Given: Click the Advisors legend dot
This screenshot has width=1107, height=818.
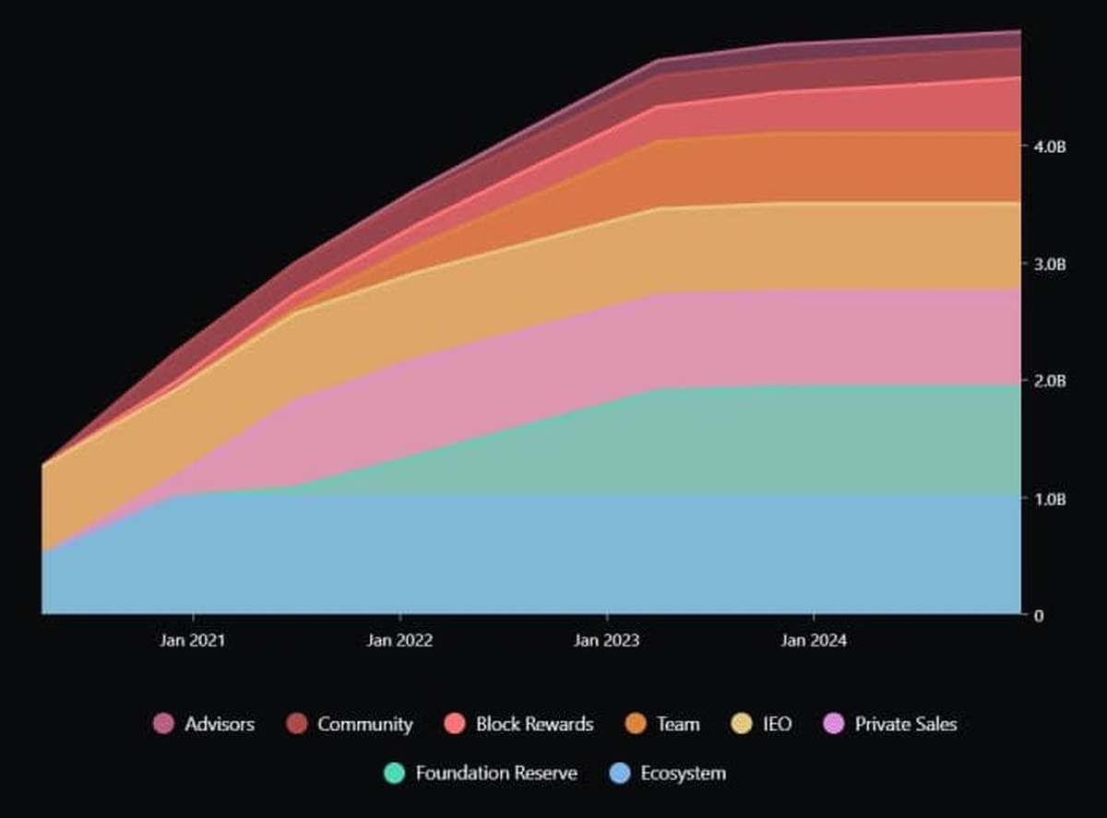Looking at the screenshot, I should pyautogui.click(x=164, y=724).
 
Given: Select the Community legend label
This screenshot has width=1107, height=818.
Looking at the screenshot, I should pyautogui.click(x=364, y=724).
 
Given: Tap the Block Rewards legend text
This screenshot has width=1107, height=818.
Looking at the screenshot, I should pyautogui.click(x=534, y=724).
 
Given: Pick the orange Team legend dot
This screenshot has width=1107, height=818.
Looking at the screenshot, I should pyautogui.click(x=636, y=724).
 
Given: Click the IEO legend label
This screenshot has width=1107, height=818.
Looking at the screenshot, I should pyautogui.click(x=776, y=724).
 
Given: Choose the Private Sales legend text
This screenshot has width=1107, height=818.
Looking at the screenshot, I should pyautogui.click(x=905, y=724).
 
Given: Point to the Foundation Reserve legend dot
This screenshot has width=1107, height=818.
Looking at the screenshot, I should pyautogui.click(x=395, y=773).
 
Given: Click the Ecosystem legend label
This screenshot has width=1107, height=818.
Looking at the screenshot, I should pyautogui.click(x=683, y=773).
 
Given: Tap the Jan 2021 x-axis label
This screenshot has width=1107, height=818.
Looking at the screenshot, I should pyautogui.click(x=193, y=640).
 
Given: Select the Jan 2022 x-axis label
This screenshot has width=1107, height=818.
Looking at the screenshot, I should pyautogui.click(x=399, y=640).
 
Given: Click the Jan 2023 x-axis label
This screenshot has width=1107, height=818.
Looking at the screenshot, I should pyautogui.click(x=606, y=640).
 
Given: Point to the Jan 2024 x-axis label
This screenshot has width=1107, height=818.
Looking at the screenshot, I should pyautogui.click(x=813, y=640).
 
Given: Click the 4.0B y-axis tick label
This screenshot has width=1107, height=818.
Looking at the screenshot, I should pyautogui.click(x=1050, y=147).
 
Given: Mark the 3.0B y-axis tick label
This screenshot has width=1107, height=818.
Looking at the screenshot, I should pyautogui.click(x=1050, y=264).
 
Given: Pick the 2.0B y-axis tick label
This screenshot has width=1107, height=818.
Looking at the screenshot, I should pyautogui.click(x=1050, y=381).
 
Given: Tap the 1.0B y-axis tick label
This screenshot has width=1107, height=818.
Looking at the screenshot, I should pyautogui.click(x=1050, y=499).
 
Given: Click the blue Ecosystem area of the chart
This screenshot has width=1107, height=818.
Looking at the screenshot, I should pyautogui.click(x=553, y=553).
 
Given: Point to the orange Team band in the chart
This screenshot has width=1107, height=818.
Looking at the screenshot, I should pyautogui.click(x=830, y=166).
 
